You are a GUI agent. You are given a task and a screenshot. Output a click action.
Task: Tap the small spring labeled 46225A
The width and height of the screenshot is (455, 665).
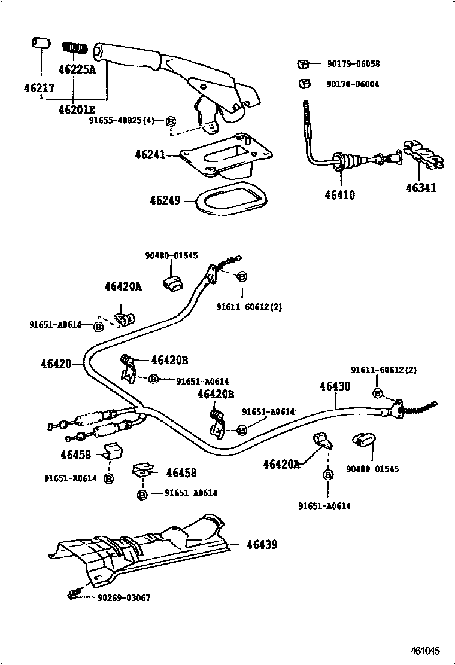76,47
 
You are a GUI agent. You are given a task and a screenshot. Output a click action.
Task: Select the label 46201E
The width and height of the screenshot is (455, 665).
77,109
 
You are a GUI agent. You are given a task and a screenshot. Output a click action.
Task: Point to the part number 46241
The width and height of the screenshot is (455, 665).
150,155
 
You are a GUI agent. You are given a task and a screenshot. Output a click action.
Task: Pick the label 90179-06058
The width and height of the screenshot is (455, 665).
353,64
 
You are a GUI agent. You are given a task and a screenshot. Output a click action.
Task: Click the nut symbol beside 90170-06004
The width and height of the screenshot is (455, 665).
304,83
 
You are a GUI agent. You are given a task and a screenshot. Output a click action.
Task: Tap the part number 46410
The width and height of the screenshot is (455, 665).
339,195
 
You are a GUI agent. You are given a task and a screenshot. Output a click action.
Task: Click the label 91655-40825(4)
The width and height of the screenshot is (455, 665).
122,120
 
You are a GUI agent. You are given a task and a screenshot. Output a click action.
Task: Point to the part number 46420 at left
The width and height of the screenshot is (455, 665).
56,364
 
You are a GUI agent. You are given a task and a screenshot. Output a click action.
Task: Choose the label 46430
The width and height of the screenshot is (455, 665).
335,387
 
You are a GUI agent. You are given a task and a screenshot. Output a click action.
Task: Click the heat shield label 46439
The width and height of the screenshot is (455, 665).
262,545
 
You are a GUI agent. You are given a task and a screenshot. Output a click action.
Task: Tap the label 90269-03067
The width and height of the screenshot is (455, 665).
123,597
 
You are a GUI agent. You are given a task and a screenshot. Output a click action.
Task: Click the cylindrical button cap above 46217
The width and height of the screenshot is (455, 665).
40,44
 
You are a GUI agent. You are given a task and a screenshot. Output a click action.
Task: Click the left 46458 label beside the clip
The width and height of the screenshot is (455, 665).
75,454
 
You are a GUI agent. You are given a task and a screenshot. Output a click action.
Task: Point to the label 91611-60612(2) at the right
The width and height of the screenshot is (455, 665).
383,370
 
